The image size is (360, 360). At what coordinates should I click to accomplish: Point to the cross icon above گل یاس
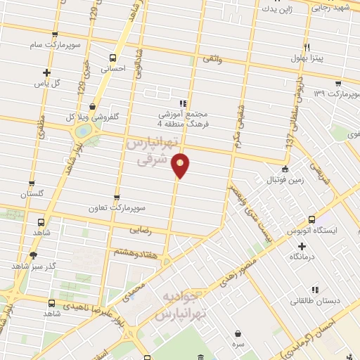[x=46, y=72]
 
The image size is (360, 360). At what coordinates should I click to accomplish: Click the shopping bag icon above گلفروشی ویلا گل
[x=93, y=105]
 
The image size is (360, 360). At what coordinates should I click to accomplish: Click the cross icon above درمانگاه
[x=302, y=246]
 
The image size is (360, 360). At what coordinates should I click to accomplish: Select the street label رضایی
[x=141, y=230]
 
